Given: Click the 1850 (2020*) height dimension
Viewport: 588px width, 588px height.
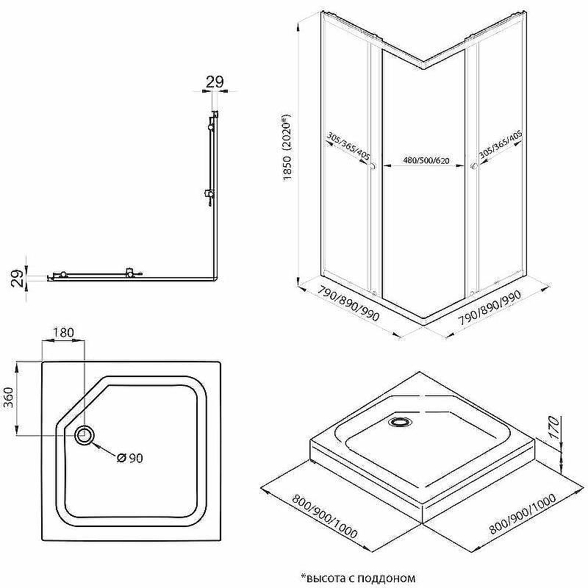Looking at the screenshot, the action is pos(287,148).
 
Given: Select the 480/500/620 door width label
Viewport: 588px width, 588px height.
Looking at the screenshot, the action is pos(426,161).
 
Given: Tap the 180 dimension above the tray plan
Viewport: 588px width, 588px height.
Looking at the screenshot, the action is pos(63,332).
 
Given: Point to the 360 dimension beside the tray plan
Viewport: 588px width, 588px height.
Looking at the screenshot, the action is pos(8,397).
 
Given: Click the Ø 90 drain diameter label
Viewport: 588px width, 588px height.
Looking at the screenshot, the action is pos(130,458).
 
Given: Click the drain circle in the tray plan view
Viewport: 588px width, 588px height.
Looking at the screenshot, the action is pos(85,435).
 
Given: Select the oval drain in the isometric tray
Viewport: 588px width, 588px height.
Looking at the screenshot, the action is pos(401,421).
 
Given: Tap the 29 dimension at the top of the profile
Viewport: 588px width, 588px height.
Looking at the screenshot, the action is pos(215,82).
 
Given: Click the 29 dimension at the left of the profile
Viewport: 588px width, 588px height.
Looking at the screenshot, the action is pos(17,278).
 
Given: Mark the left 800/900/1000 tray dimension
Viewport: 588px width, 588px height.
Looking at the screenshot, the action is pos(325,517).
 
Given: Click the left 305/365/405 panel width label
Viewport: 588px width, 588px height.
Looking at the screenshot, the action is pos(348,146).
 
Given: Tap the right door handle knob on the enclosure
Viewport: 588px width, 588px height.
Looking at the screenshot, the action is pos(473,166).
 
